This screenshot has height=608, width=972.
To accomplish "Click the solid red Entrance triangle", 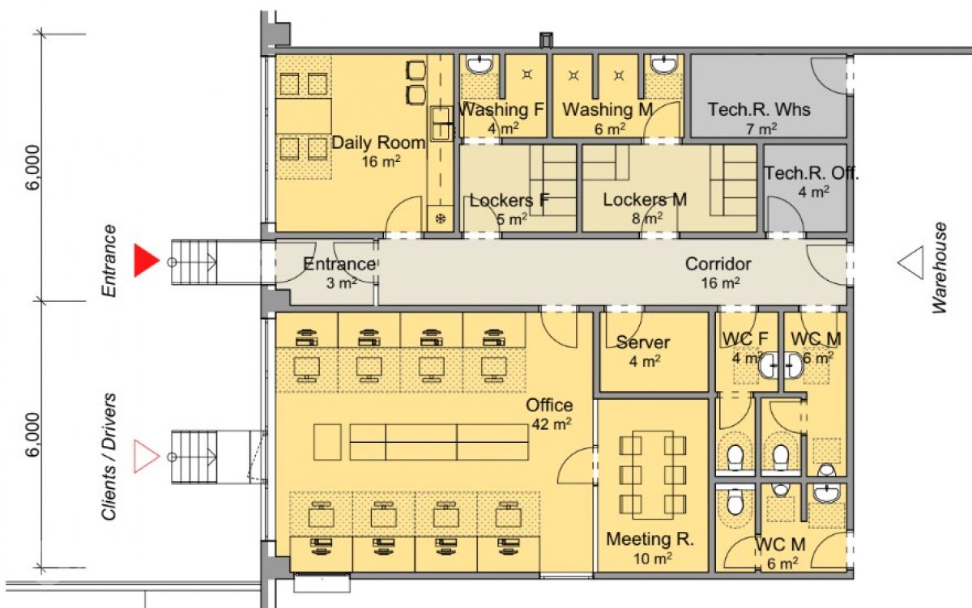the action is click(x=145, y=260).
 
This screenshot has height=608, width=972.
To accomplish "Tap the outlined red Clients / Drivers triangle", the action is click(x=145, y=457).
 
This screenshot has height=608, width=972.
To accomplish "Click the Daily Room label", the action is click(x=378, y=142).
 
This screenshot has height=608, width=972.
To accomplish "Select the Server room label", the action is click(x=643, y=342).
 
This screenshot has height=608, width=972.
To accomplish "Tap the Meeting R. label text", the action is click(x=650, y=539).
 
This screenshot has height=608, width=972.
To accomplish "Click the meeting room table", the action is click(x=653, y=475).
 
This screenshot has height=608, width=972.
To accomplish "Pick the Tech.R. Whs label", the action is click(x=759, y=109).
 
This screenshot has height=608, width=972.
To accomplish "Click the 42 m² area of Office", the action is click(x=552, y=423).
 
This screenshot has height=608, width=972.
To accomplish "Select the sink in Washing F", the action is click(x=480, y=64).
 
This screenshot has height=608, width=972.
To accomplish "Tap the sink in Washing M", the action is click(x=663, y=64).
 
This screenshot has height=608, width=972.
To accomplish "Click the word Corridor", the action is click(x=718, y=264).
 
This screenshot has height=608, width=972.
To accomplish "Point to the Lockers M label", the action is click(x=645, y=200).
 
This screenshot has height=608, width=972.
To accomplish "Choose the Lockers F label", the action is click(x=509, y=200).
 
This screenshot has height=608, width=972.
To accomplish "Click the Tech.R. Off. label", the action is click(x=811, y=173).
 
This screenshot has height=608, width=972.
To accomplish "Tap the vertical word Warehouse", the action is click(x=940, y=268).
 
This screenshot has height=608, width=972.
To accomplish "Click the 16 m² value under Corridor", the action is click(x=720, y=283).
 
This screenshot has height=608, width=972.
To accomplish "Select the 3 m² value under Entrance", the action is click(x=342, y=283).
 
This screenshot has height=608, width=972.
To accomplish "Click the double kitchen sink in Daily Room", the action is click(x=441, y=124).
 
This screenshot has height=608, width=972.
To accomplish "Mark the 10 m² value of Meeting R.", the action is click(x=653, y=559).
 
